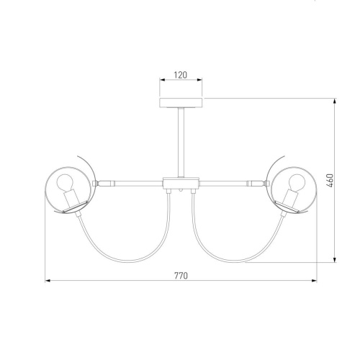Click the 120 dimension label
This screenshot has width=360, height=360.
pyautogui.click(x=181, y=75)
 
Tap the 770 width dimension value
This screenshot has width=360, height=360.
pyautogui.click(x=181, y=276)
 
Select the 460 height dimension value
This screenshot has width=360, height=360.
pyautogui.click(x=330, y=181)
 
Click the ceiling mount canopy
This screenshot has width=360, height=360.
pyautogui.click(x=181, y=102)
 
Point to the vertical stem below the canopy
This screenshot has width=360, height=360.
pyautogui.click(x=181, y=143)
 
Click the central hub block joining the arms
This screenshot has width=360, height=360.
pyautogui.click(x=181, y=184)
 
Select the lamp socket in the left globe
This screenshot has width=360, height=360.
pyautogui.click(x=73, y=199)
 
